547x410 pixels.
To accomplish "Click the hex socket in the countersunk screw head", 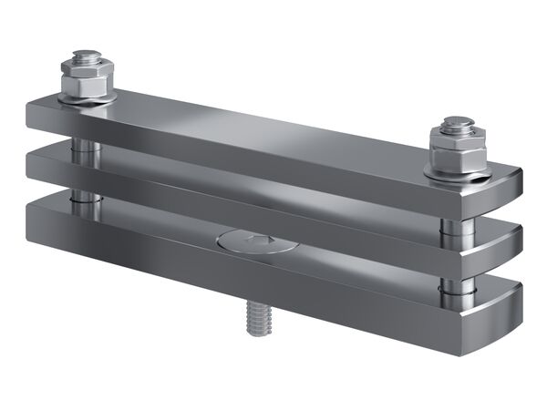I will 256,241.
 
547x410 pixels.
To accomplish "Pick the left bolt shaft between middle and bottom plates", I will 81,196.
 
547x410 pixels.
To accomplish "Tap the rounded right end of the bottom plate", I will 511,314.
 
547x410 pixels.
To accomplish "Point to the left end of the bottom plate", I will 33,219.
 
